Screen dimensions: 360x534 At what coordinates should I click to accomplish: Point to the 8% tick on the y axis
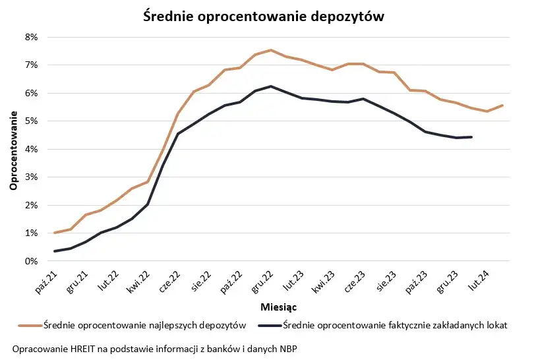pos(30,37)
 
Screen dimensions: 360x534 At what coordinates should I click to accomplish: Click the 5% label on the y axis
pos(30,121)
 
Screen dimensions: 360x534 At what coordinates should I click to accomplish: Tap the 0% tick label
pos(30,261)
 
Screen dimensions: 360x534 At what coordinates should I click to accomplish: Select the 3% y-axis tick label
pos(30,177)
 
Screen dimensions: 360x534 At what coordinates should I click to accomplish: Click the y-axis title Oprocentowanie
pos(13,149)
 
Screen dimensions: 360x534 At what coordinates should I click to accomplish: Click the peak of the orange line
pos(270,50)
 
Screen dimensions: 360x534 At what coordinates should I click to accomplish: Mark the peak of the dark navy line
pos(270,86)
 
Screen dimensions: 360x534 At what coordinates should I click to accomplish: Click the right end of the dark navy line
pos(471,137)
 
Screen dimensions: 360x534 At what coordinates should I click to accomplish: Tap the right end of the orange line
pos(503,105)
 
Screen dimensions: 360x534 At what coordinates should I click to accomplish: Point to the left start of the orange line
pos(55,233)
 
